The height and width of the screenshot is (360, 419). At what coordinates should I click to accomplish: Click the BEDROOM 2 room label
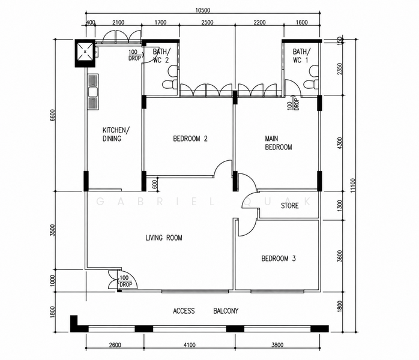click(190, 139)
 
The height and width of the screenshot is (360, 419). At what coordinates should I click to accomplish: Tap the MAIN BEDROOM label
click(278, 143)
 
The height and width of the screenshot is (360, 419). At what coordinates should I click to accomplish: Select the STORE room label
click(290, 206)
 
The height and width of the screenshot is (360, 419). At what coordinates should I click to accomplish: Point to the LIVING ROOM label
click(164, 238)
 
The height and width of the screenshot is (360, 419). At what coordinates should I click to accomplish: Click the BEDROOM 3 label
click(279, 259)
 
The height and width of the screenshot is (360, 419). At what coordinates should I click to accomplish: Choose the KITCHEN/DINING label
click(116, 134)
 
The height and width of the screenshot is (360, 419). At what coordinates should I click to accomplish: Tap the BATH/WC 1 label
click(302, 56)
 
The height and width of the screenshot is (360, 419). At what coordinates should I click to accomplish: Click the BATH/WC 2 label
click(161, 56)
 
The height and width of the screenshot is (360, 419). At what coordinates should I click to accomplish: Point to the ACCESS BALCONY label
click(205, 311)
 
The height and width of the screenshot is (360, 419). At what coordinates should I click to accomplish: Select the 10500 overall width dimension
click(203, 10)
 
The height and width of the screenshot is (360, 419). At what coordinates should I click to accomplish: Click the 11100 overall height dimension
click(353, 185)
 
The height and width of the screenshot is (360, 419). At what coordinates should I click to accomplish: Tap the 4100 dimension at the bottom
click(190, 345)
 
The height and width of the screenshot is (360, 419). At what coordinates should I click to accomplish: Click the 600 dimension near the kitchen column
click(154, 185)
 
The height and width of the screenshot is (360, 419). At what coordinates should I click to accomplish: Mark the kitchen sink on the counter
click(93, 92)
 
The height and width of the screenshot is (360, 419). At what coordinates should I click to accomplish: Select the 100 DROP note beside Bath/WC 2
click(134, 55)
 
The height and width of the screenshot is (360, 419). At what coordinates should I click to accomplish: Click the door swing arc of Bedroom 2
click(222, 168)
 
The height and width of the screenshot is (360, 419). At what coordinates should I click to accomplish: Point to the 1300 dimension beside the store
click(340, 206)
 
